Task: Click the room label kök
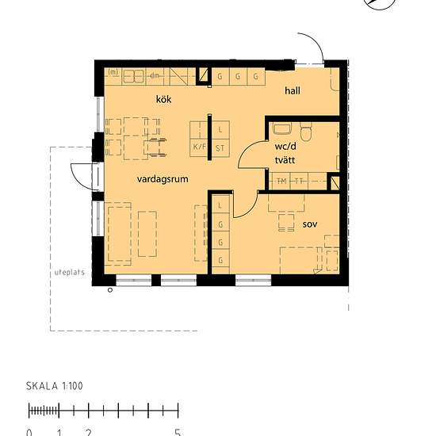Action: point(164,99)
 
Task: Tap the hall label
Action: point(293,92)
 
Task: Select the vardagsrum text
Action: point(162,179)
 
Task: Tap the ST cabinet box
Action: point(220,147)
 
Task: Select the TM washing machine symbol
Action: point(281,182)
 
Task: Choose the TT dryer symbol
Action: point(298,182)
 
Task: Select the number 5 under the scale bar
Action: point(178,432)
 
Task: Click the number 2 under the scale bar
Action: point(88,432)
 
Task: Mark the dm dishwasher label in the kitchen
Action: point(155,76)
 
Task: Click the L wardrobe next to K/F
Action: point(220,128)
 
